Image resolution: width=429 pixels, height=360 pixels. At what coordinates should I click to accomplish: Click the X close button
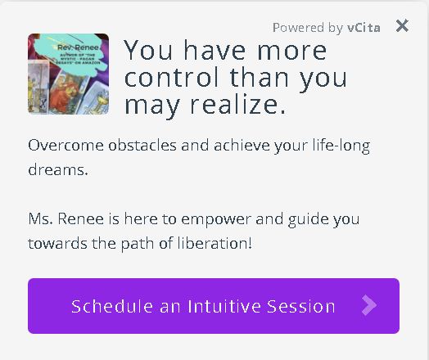click(x=402, y=26)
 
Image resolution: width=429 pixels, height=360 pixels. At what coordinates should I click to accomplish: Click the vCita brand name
click(x=364, y=28)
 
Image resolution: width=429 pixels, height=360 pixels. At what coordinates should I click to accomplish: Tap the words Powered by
click(x=308, y=28)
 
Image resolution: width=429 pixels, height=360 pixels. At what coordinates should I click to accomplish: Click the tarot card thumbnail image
click(x=68, y=74)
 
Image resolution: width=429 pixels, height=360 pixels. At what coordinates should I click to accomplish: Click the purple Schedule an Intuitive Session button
click(x=214, y=306)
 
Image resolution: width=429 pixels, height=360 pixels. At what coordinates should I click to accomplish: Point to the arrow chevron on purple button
click(x=369, y=306)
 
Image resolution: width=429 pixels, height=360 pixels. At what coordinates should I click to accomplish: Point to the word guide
click(x=307, y=219)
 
